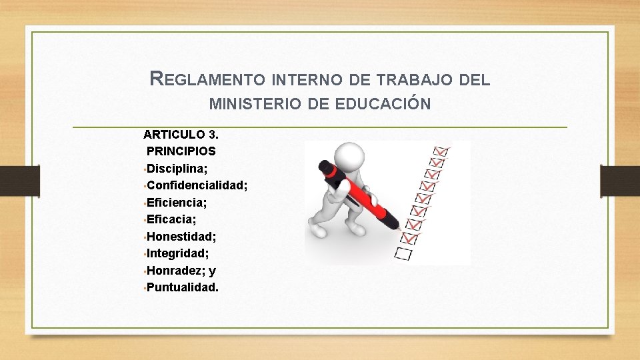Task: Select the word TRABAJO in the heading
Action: pyautogui.click(x=418, y=80)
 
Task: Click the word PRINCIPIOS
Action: pyautogui.click(x=181, y=151)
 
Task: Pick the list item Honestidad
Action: pyautogui.click(x=181, y=237)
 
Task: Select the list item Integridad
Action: pyautogui.click(x=178, y=253)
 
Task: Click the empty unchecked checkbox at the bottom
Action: pyautogui.click(x=403, y=253)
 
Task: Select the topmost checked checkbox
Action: pyautogui.click(x=441, y=151)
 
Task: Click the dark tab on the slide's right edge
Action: pyautogui.click(x=619, y=181)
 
